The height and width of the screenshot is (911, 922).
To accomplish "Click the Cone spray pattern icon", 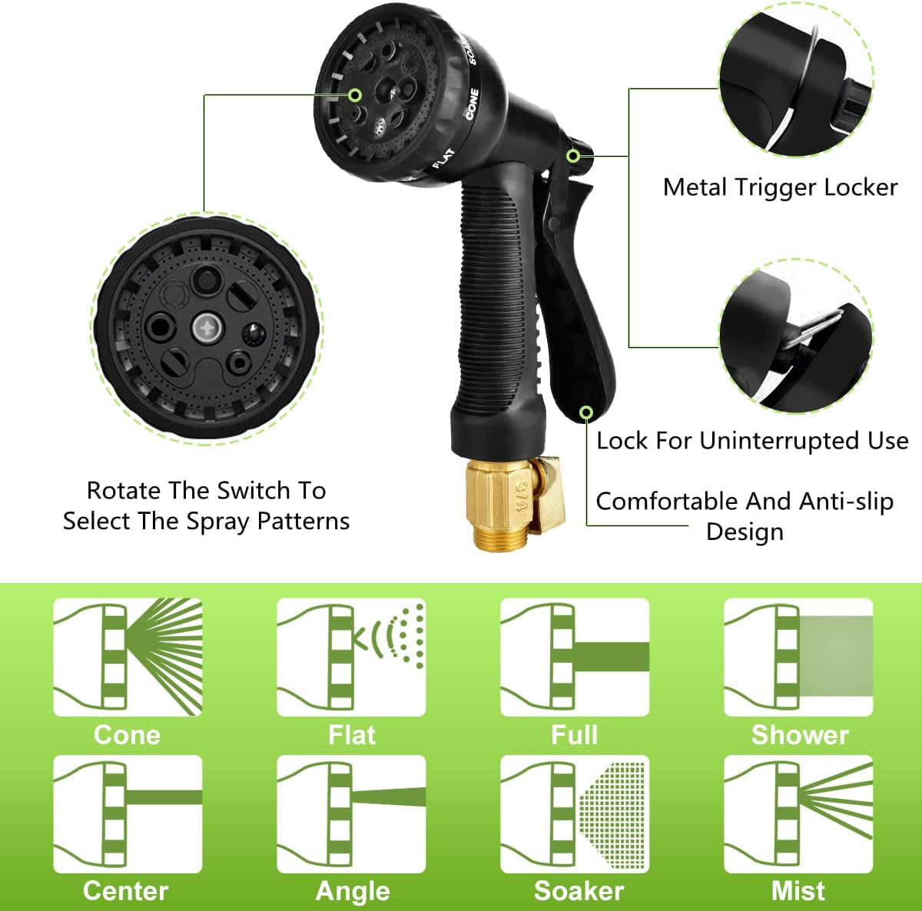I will pyautogui.click(x=128, y=657).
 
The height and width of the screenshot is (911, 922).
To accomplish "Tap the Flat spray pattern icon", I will pyautogui.click(x=351, y=657).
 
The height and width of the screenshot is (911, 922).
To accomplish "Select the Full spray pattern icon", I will pyautogui.click(x=575, y=657).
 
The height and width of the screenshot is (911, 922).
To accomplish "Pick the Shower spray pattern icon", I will pyautogui.click(x=798, y=657).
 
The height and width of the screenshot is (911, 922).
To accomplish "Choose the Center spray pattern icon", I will pyautogui.click(x=128, y=813).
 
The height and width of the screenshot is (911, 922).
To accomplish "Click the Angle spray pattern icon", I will pyautogui.click(x=351, y=813).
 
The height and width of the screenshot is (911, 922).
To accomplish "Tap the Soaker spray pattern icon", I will pyautogui.click(x=575, y=813).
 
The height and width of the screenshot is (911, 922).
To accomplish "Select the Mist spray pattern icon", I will pyautogui.click(x=798, y=813).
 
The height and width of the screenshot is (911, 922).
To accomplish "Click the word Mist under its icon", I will pyautogui.click(x=798, y=891).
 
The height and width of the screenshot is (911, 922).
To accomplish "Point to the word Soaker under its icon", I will pyautogui.click(x=579, y=891).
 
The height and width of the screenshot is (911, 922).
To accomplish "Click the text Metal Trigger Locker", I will pyautogui.click(x=780, y=187).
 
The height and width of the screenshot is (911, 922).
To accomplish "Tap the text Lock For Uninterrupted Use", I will pyautogui.click(x=752, y=441).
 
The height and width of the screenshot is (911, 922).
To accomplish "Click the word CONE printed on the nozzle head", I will pyautogui.click(x=472, y=104).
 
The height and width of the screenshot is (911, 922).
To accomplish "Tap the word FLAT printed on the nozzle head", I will pyautogui.click(x=443, y=158).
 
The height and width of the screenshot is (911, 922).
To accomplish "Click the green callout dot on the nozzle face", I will pyautogui.click(x=355, y=95).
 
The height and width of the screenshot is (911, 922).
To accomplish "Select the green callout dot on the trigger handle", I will pyautogui.click(x=586, y=413).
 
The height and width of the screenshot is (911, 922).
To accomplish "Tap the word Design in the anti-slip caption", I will pyautogui.click(x=745, y=532).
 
